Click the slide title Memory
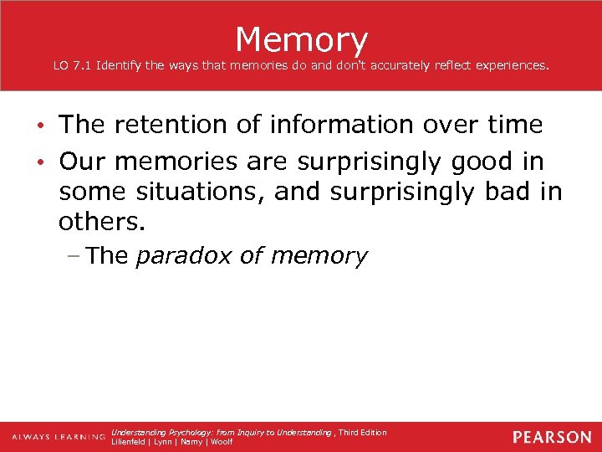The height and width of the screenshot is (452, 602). tap(301, 39)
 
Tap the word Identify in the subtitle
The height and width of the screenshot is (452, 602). tap(120, 64)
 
